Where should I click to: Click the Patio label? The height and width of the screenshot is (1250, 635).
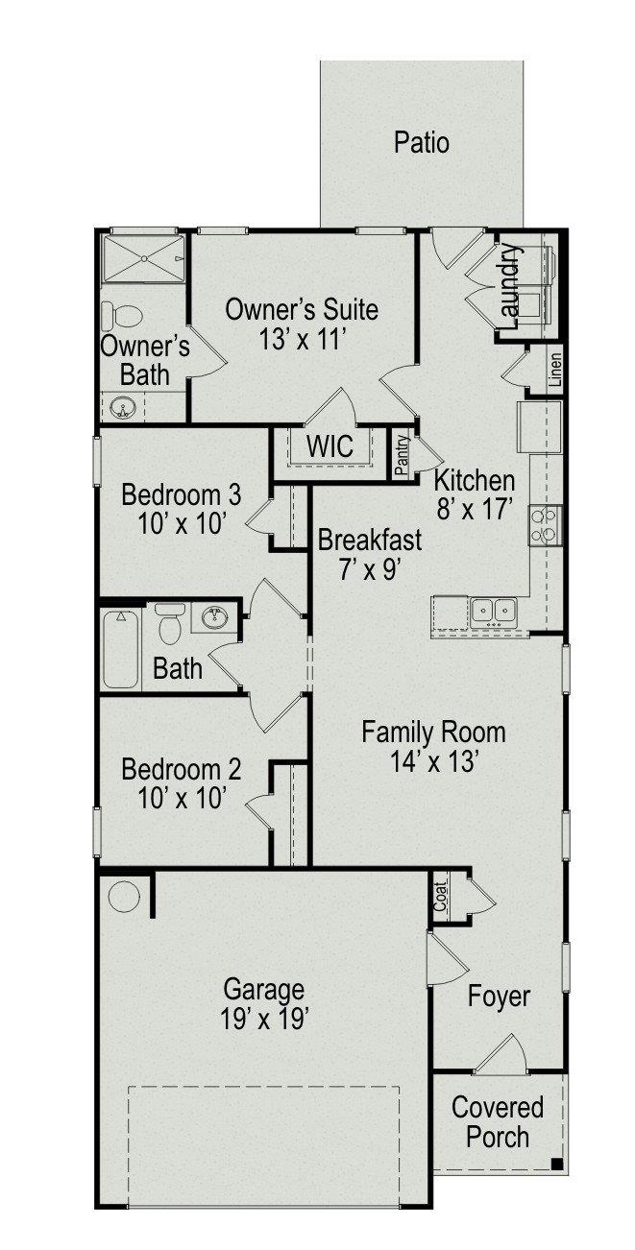coord(421,143)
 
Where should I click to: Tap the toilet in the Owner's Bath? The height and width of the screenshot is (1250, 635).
coord(122,316)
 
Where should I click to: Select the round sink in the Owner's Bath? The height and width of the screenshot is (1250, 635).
coord(123,408)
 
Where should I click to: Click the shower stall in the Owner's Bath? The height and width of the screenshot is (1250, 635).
coord(143,259)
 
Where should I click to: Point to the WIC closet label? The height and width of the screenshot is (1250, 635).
coord(330,446)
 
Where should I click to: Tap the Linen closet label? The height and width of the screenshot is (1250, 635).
coord(554,371)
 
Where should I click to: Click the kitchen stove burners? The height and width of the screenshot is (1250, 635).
coord(544,525)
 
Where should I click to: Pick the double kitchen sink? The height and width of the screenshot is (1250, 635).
coord(494,613)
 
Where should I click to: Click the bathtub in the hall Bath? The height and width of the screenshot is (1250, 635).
coord(120,650)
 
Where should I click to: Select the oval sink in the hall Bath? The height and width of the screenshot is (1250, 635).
coord(214,617)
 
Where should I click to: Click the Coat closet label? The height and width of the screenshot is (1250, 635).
coord(441,897)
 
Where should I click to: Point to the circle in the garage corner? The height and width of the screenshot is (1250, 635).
coord(123,898)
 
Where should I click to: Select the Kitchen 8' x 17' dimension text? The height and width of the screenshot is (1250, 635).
coord(475,510)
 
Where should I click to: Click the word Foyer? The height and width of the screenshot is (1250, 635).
coord(499,997)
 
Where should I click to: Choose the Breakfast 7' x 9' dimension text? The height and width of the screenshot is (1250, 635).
coord(370,570)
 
